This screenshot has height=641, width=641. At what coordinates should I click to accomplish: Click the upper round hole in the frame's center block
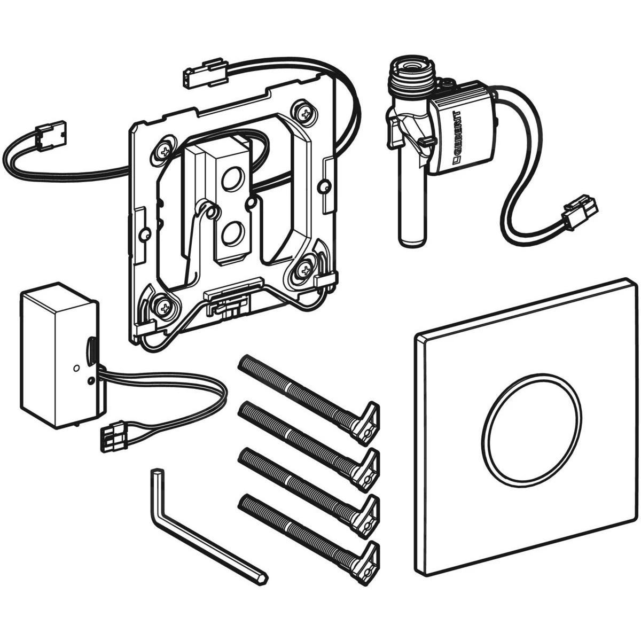pyautogui.click(x=231, y=179)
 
